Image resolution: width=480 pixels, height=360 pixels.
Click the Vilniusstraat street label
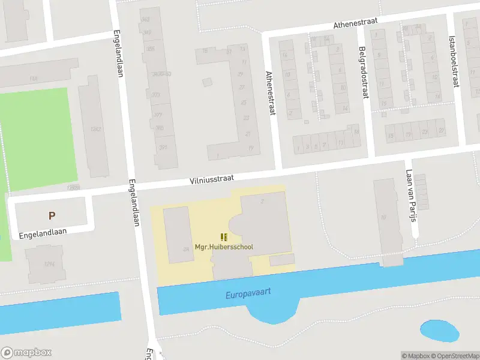(x=211, y=179)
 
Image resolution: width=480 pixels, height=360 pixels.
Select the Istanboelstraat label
(x=454, y=59)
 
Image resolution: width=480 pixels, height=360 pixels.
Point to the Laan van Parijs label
(x=411, y=195)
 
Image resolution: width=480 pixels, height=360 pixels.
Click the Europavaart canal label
(x=248, y=293)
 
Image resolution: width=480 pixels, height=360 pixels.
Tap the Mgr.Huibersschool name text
(x=224, y=247)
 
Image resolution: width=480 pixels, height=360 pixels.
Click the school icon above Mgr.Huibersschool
(x=224, y=237)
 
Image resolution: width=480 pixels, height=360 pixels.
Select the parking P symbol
(x=52, y=215)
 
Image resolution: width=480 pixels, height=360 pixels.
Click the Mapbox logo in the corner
(x=26, y=353)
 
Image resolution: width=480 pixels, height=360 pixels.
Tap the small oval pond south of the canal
(x=440, y=330)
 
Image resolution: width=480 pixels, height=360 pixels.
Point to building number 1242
(x=94, y=129)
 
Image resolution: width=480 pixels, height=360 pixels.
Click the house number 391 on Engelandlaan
(x=163, y=148)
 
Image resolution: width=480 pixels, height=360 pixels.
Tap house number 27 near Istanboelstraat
(x=441, y=131)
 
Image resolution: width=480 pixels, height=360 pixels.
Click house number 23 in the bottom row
(x=425, y=131)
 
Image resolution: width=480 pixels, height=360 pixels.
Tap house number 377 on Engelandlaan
(x=158, y=115)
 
